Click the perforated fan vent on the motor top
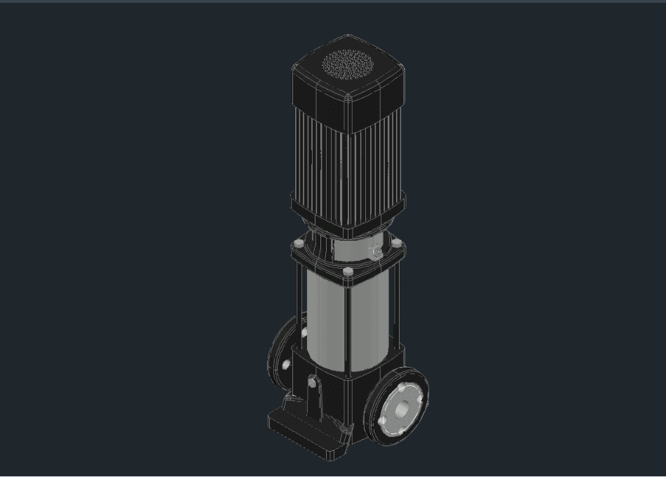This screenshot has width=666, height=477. [x=348, y=65]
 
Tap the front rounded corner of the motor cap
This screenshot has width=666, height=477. [x=348, y=98]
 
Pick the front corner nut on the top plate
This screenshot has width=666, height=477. [x=348, y=271]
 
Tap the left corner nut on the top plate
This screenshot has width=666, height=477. [x=299, y=243]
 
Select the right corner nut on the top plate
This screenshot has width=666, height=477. [x=397, y=243]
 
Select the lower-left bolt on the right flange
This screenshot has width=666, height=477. [x=383, y=420]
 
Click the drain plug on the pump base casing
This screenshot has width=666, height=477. [x=312, y=383]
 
